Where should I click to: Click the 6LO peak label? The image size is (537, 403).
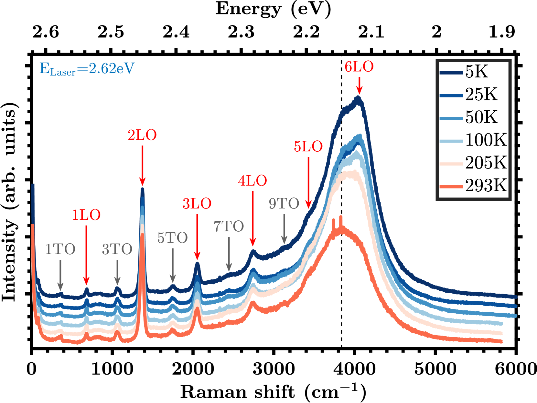(359, 67)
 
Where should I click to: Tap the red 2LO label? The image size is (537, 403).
(142, 135)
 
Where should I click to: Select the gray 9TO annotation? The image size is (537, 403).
(284, 204)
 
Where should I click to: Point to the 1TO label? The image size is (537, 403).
(60, 249)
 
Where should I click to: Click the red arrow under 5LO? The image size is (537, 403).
(308, 182)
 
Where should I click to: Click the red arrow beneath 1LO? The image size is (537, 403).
(86, 255)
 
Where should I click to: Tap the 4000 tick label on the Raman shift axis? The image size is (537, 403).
(354, 368)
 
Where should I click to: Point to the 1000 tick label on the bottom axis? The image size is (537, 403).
(112, 368)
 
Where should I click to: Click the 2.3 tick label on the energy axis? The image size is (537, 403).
(241, 32)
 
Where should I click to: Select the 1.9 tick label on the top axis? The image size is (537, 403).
(501, 32)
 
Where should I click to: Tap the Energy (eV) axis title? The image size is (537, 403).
(273, 9)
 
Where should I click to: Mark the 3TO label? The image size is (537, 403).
(117, 249)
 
